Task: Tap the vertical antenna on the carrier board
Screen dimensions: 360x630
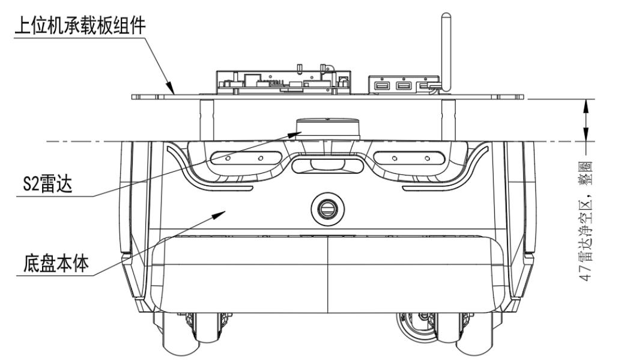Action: (445, 48)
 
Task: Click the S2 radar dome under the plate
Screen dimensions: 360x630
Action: (328, 126)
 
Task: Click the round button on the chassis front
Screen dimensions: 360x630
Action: (328, 209)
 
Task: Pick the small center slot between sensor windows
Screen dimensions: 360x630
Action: (328, 165)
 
